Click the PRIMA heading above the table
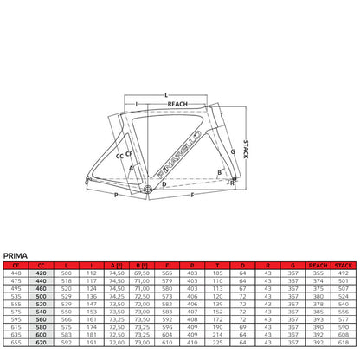[x=16, y=254]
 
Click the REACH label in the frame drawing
[x=177, y=103]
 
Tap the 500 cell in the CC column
[x=40, y=295]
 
